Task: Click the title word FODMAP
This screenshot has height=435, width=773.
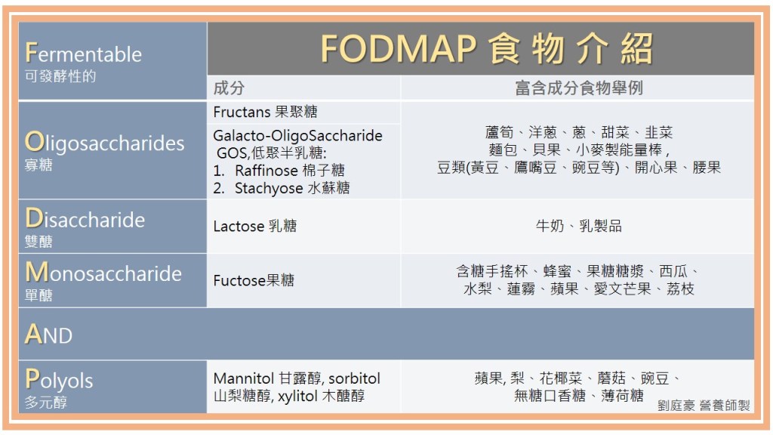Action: (x=398, y=49)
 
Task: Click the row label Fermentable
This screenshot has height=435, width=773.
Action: (x=84, y=54)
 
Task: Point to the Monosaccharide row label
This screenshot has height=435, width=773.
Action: (x=103, y=273)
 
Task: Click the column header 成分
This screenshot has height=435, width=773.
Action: (x=229, y=88)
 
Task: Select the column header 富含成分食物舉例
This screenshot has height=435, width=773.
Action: (x=579, y=88)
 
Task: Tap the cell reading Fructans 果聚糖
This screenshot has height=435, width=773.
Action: (x=265, y=112)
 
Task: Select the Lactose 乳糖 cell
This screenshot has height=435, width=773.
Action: (x=254, y=226)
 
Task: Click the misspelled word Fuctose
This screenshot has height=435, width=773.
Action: (x=236, y=280)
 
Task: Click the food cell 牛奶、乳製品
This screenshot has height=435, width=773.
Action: (x=578, y=226)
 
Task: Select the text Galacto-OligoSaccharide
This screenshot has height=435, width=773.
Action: (x=297, y=136)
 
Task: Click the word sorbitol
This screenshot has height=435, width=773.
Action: (x=353, y=378)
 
